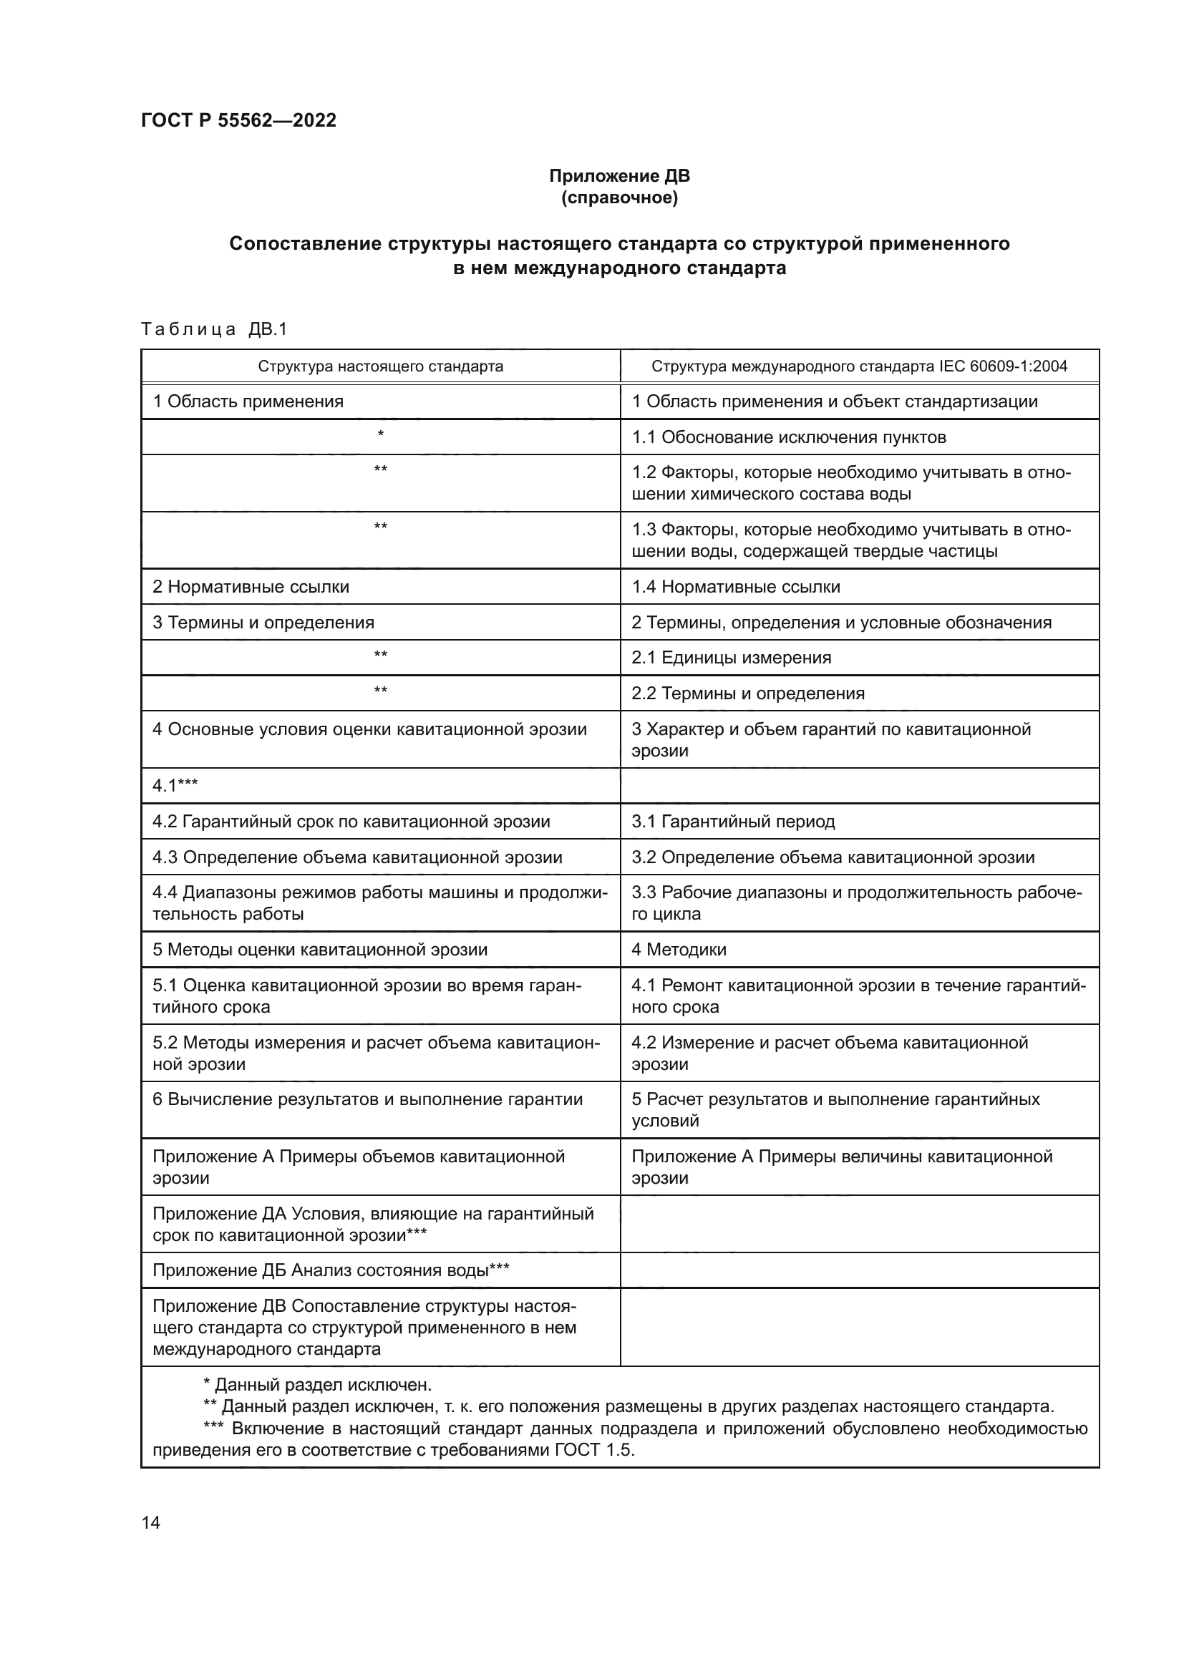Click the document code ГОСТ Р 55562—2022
238,120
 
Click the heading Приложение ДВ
619,176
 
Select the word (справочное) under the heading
619,198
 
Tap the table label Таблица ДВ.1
214,329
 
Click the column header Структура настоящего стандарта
380,366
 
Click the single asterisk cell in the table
380,436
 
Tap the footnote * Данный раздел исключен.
317,1385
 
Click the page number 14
151,1522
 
